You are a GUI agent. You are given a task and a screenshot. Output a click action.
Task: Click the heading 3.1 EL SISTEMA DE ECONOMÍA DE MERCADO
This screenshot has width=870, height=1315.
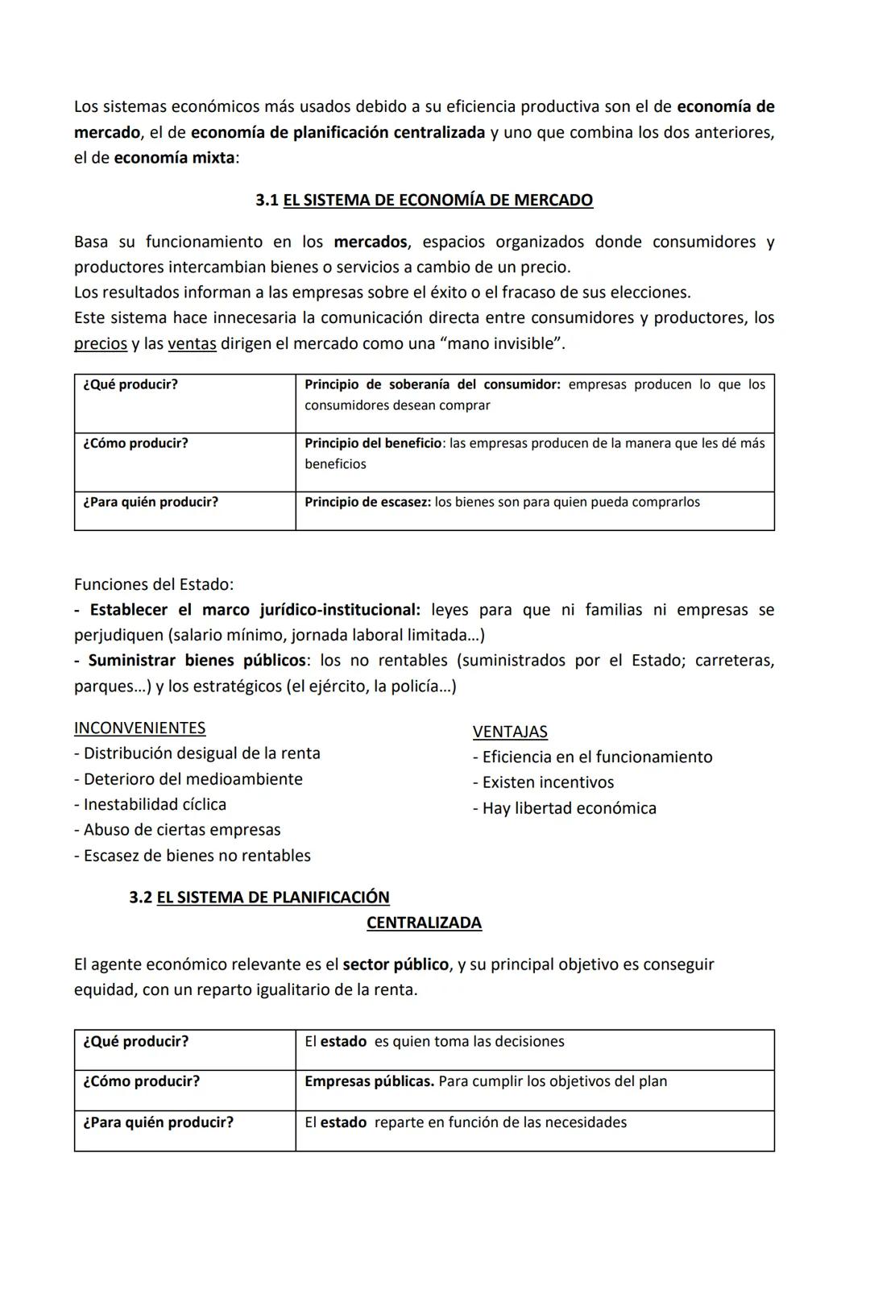425,200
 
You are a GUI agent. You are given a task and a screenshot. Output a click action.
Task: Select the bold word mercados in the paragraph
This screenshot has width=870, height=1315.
371,242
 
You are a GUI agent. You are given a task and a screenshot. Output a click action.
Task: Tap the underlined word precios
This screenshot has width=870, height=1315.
101,343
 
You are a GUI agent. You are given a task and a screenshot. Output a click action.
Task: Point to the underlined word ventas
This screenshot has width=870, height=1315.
192,343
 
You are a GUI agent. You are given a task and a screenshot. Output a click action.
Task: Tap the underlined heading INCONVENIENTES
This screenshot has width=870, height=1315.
139,728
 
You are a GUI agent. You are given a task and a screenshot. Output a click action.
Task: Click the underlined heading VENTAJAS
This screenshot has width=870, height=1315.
510,732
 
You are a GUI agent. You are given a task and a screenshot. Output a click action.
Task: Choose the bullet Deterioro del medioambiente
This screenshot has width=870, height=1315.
188,779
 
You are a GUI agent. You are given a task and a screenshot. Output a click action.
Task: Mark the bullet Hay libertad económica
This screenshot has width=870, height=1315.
565,808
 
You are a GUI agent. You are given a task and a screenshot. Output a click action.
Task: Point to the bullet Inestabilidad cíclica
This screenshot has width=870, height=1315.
151,804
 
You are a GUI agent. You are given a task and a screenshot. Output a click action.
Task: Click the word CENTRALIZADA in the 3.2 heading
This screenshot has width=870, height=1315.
424,923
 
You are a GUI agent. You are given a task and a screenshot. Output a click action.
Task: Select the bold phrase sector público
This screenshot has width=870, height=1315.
396,964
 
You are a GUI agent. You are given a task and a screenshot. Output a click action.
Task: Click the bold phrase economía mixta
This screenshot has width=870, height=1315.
174,158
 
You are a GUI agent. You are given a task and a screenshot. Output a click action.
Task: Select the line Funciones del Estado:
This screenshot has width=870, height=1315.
154,584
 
